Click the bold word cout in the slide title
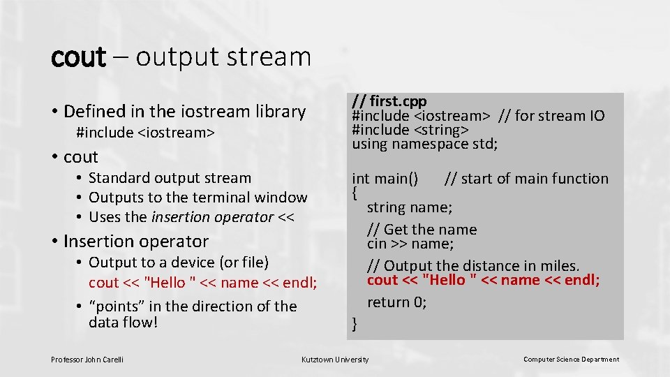point(77,57)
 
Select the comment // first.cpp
point(389,101)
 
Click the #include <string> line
point(410,130)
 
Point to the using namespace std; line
point(424,145)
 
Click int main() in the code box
point(385,179)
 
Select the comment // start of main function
point(526,179)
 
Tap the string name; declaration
point(410,207)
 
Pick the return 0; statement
point(397,302)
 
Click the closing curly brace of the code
point(355,323)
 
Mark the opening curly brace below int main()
point(355,191)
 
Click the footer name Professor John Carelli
point(87,360)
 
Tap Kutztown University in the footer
point(334,360)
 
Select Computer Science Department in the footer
point(571,360)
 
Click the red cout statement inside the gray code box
point(483,280)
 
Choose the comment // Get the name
point(422,230)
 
